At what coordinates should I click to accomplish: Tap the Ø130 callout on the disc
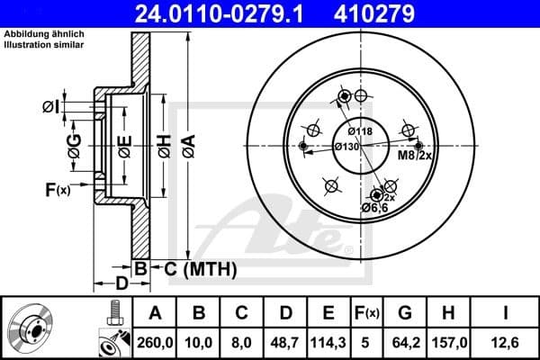pyautogui.click(x=347, y=147)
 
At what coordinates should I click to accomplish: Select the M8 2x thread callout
pyautogui.click(x=416, y=156)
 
